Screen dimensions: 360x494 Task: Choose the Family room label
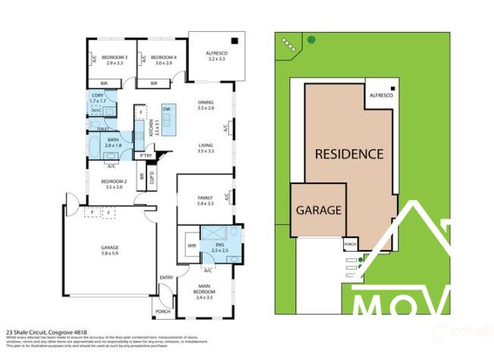pos(205,200)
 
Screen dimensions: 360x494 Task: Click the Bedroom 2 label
pos(114,183)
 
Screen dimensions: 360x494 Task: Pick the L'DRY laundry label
pos(98,97)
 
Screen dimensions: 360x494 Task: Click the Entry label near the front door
pos(166,277)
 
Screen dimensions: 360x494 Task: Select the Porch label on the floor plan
pos(162,311)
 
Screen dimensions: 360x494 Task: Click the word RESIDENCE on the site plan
pos(349,153)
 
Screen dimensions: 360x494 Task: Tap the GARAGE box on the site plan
pos(318,209)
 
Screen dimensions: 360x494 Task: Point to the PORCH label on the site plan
pos(349,245)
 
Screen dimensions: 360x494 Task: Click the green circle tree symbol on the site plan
pos(311,39)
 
